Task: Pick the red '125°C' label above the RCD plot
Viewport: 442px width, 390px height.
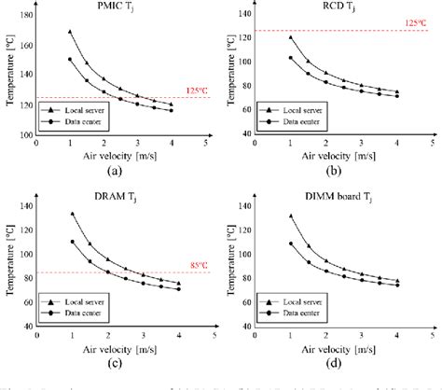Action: pyautogui.click(x=416, y=21)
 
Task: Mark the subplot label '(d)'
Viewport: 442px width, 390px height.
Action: pyautogui.click(x=342, y=359)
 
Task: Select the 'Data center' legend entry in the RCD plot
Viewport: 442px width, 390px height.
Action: pyautogui.click(x=286, y=121)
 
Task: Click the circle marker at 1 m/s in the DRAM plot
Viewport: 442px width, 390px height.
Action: pyautogui.click(x=72, y=242)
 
